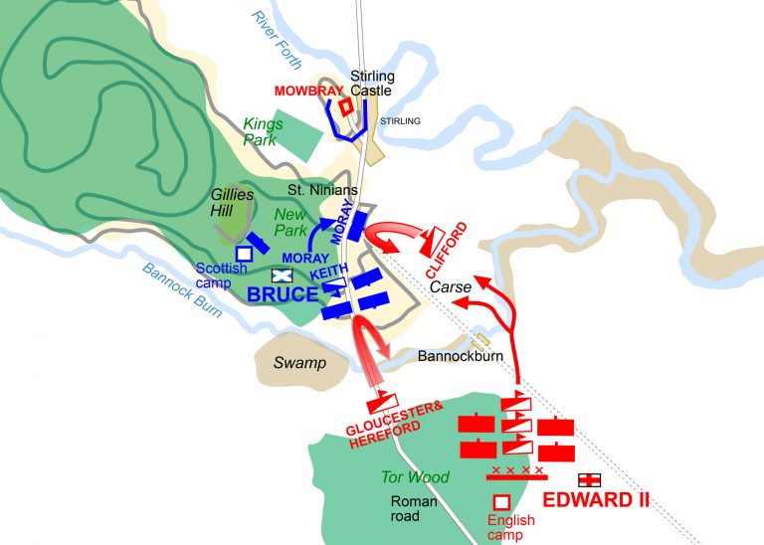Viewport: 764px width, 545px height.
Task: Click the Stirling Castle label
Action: (372, 83)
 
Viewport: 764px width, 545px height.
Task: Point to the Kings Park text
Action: (264, 132)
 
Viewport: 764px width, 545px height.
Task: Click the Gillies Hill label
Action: (231, 202)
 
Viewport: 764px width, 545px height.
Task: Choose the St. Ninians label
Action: (315, 189)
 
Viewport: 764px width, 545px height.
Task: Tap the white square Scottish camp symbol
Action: (244, 254)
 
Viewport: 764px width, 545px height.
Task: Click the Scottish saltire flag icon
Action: (282, 275)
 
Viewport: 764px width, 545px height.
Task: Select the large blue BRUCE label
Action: (283, 295)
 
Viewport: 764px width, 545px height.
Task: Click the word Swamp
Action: (299, 363)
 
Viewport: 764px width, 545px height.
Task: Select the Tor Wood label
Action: (415, 477)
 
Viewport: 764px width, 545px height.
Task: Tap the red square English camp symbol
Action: (502, 502)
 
